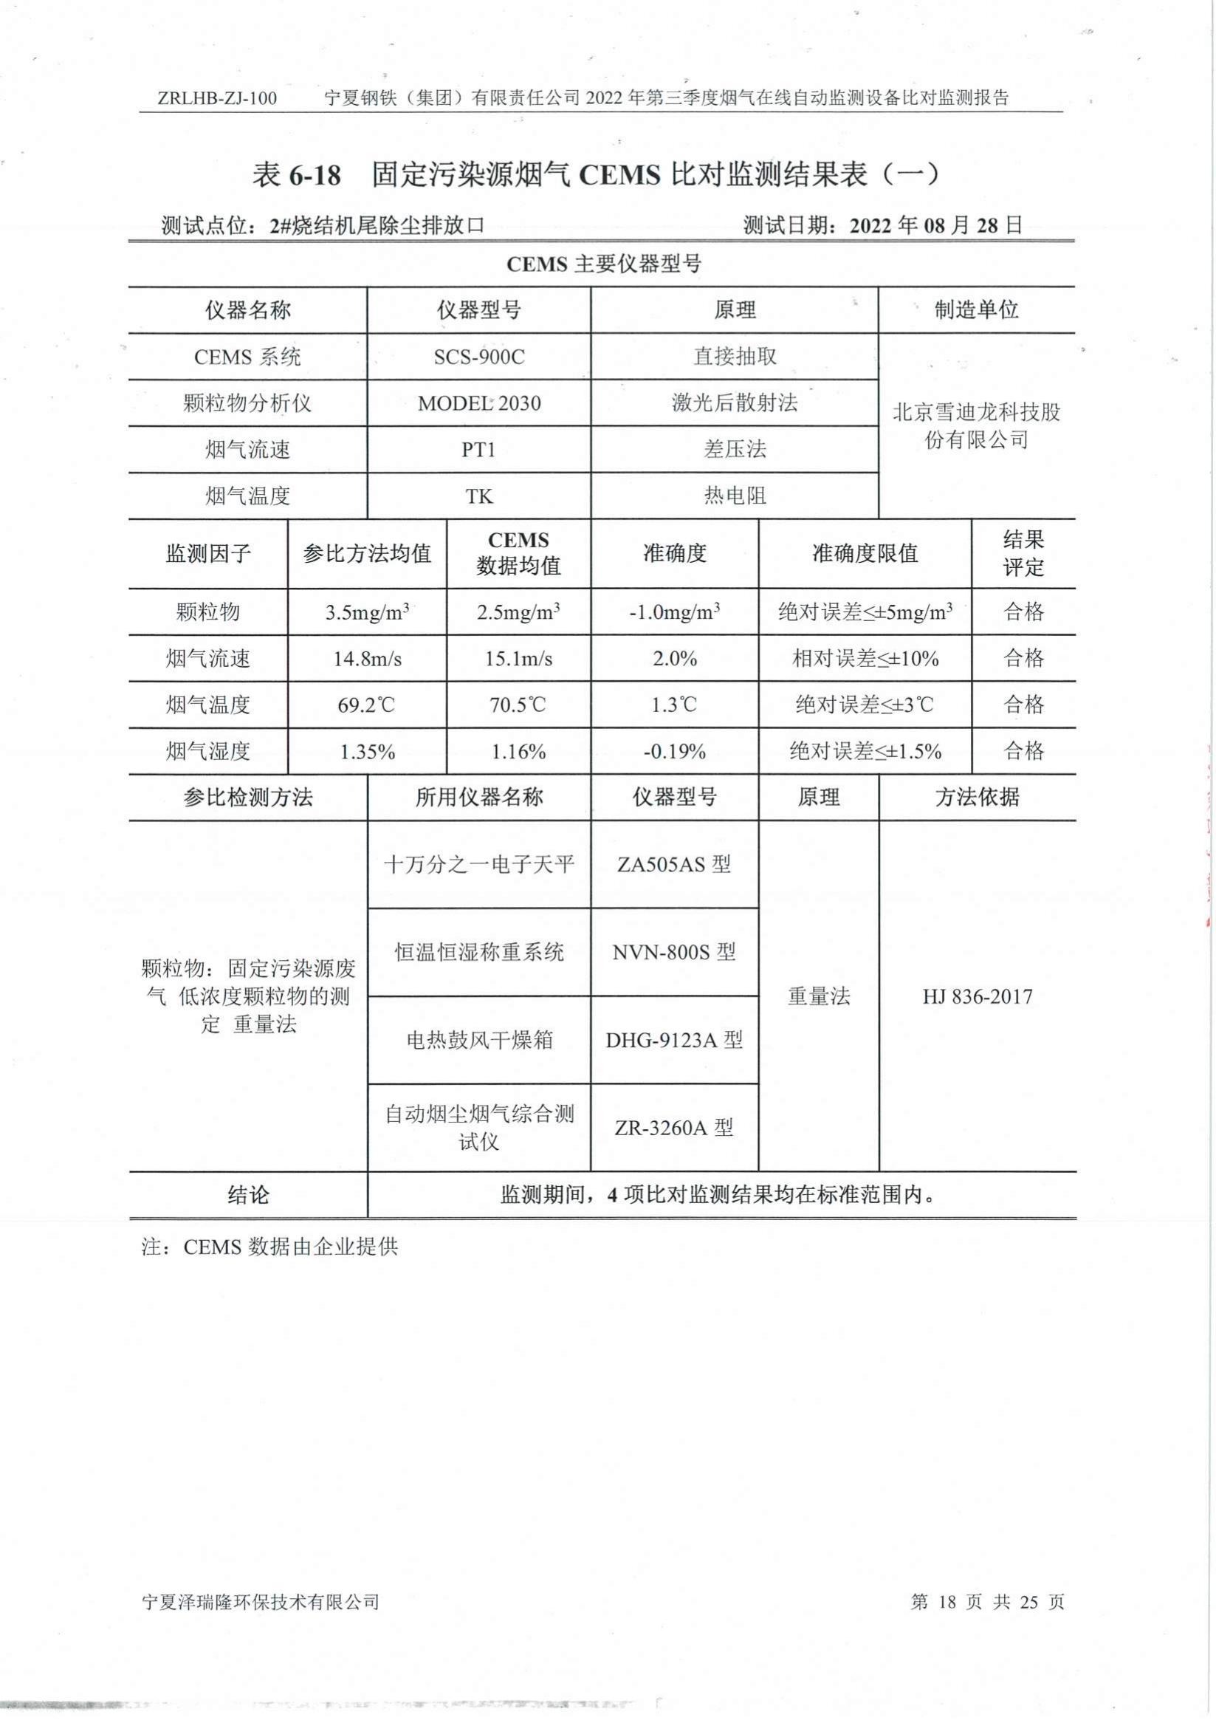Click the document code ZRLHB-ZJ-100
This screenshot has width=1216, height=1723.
click(x=218, y=98)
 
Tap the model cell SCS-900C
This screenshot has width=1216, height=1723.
click(x=478, y=357)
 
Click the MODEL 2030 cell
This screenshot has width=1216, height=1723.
click(x=478, y=404)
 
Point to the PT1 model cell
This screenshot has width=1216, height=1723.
click(x=478, y=451)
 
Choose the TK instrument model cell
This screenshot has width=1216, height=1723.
click(x=478, y=497)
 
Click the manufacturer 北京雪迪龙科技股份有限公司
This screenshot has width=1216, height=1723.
click(x=976, y=425)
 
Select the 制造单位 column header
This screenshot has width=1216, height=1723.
click(x=976, y=310)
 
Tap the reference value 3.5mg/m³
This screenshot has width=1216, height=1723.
click(x=367, y=612)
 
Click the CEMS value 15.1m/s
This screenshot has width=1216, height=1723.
click(x=518, y=659)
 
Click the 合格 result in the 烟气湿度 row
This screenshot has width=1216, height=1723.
click(x=1023, y=751)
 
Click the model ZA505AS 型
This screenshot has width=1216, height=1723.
click(x=673, y=866)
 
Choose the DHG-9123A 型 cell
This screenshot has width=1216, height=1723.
click(x=673, y=1040)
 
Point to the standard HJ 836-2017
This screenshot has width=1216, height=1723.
click(x=977, y=996)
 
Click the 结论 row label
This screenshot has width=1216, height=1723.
click(x=247, y=1196)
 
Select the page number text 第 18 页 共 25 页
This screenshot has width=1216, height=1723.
click(x=986, y=1602)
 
